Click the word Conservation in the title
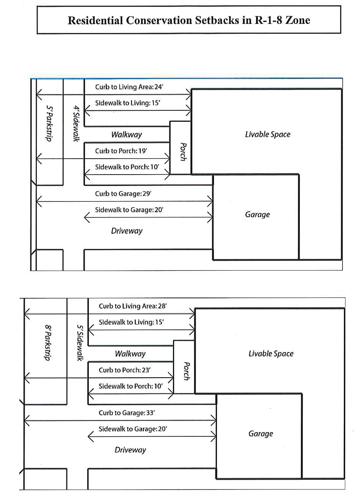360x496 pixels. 159,20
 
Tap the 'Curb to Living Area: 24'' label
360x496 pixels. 129,87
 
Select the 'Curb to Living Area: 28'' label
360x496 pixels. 133,306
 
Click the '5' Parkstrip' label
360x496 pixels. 50,123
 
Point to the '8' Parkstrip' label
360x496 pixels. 48,343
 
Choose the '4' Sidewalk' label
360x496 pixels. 76,124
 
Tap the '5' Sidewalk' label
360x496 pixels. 80,343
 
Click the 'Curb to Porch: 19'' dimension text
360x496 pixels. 121,151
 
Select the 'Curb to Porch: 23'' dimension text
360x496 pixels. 124,370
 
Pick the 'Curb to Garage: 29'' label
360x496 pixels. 123,194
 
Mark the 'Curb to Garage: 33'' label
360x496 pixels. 127,413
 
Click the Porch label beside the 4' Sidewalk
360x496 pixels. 183,152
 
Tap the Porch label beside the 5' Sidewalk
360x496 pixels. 187,371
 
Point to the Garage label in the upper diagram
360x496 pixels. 257,214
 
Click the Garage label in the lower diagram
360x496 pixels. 261,433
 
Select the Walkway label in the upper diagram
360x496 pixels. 127,134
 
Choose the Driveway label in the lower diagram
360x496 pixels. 130,450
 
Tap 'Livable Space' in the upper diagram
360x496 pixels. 267,134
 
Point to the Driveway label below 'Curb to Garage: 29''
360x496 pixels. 127,231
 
